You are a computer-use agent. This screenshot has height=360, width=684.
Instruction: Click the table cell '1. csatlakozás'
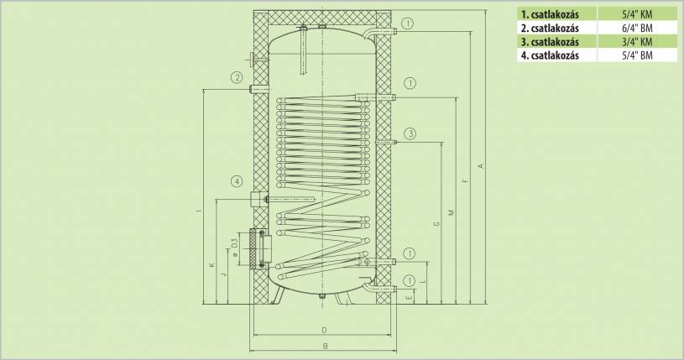click(550, 14)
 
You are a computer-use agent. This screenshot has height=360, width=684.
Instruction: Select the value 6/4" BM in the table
click(637, 29)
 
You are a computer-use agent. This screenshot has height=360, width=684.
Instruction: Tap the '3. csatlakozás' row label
click(550, 42)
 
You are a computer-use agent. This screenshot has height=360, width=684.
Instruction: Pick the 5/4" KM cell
click(637, 14)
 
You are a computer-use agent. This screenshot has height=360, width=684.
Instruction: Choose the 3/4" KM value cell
click(637, 42)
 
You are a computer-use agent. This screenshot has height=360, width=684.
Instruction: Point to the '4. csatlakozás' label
click(550, 55)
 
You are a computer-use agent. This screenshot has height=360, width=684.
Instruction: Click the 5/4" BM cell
click(637, 55)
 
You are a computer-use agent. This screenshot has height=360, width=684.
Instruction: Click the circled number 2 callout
click(237, 78)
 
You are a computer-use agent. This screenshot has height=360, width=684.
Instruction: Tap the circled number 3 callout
click(410, 133)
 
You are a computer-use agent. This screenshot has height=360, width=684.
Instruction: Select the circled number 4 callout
click(237, 181)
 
